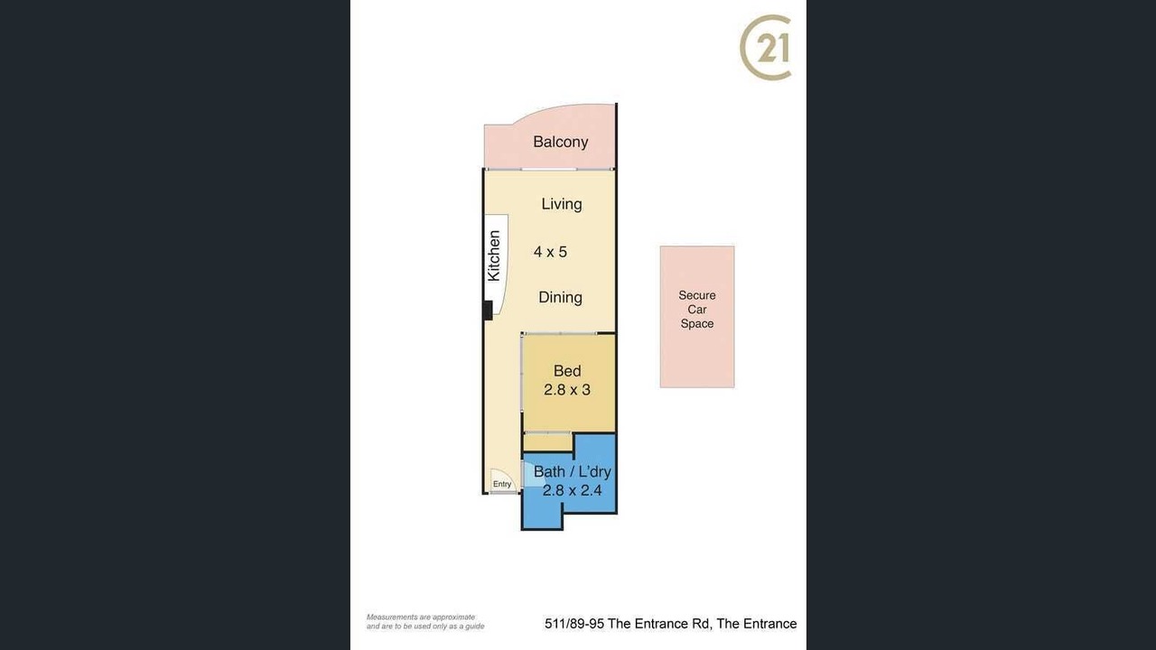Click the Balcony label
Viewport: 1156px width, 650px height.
tap(561, 142)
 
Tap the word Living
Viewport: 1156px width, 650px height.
tap(562, 204)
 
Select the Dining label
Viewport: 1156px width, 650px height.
tap(561, 297)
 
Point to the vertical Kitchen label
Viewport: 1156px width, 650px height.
tap(494, 255)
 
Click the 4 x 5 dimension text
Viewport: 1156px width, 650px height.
tap(550, 252)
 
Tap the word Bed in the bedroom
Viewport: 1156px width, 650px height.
tap(567, 371)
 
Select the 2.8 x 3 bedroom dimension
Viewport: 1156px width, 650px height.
tap(566, 389)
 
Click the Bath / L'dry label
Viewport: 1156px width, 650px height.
tap(572, 471)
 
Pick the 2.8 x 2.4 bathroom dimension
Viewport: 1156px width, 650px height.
tap(572, 490)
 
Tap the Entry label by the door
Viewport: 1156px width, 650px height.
tap(502, 484)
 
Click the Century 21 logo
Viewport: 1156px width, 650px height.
tap(766, 48)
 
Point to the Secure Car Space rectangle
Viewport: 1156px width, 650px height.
tap(697, 317)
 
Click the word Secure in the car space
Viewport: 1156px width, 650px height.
tap(697, 295)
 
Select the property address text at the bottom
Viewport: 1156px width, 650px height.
tap(670, 624)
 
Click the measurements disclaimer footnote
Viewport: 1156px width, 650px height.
tap(425, 622)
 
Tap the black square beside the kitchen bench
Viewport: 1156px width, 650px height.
tap(488, 311)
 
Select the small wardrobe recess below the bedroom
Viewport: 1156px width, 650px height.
tap(548, 442)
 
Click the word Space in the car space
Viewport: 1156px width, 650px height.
tap(697, 324)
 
